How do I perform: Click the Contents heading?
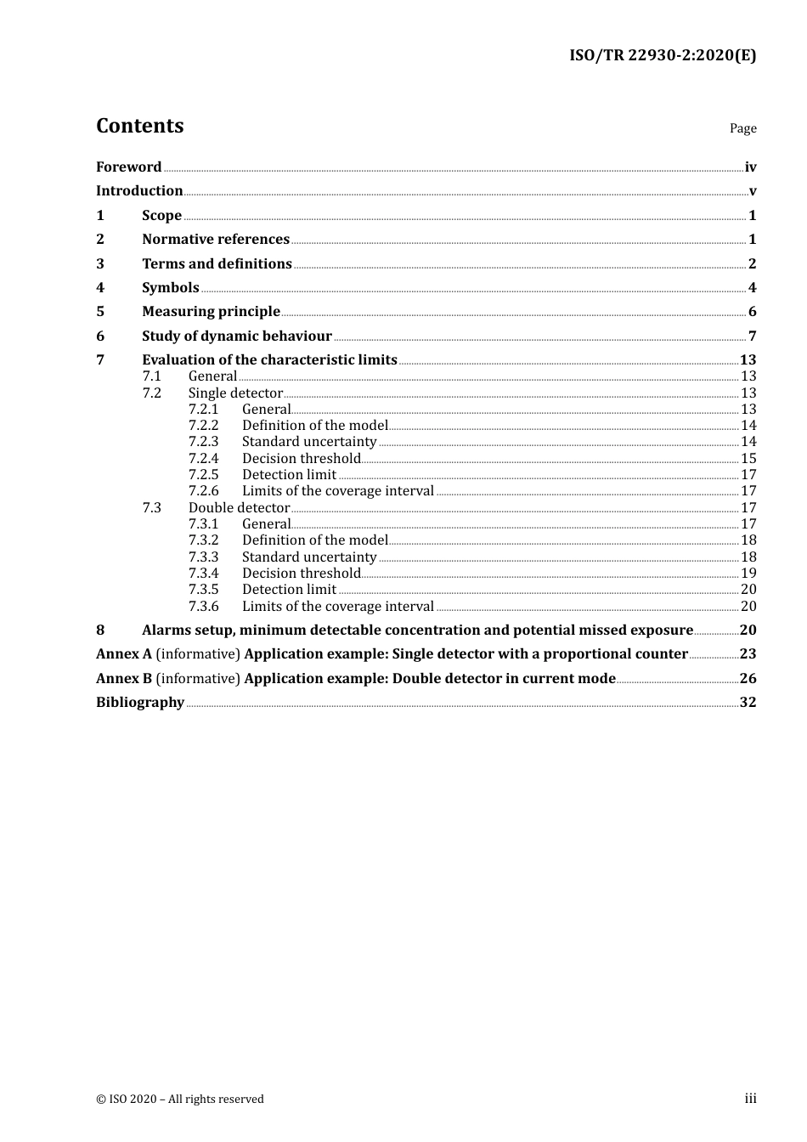[139, 126]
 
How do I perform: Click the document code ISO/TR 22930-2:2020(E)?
[662, 55]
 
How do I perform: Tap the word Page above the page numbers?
[742, 128]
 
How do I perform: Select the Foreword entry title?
[128, 167]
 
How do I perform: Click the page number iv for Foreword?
[750, 167]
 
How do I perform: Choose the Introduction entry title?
[139, 190]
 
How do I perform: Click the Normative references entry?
[216, 239]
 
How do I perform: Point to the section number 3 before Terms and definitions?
[100, 263]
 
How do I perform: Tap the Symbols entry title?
[171, 287]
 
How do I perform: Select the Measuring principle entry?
[211, 311]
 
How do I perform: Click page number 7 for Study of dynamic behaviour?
[752, 336]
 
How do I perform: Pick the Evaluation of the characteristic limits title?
[269, 359]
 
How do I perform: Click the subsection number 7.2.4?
[203, 458]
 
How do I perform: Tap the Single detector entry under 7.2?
[235, 393]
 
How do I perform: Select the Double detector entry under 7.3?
[239, 507]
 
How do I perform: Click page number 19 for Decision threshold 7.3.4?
[748, 573]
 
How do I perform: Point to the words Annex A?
[124, 653]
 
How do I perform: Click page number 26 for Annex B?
[748, 678]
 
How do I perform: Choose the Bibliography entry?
[140, 702]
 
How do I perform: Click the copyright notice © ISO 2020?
[179, 1099]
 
